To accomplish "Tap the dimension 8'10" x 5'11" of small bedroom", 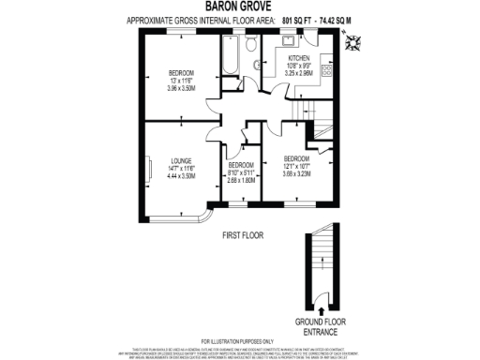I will (x=241, y=174).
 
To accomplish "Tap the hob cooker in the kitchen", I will (x=325, y=69).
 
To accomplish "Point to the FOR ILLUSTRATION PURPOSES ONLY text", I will (x=240, y=340).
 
